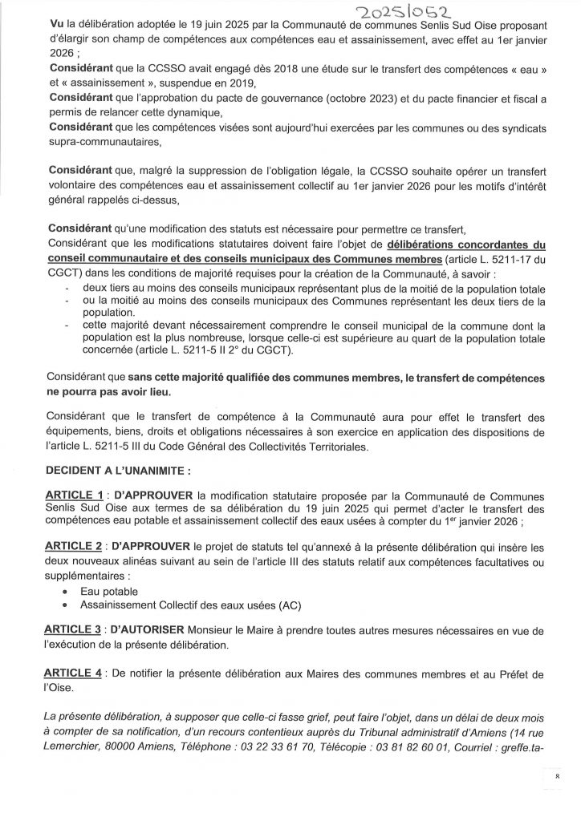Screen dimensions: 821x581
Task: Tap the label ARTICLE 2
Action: (x=75, y=545)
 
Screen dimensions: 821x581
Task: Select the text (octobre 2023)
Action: (x=301, y=98)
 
